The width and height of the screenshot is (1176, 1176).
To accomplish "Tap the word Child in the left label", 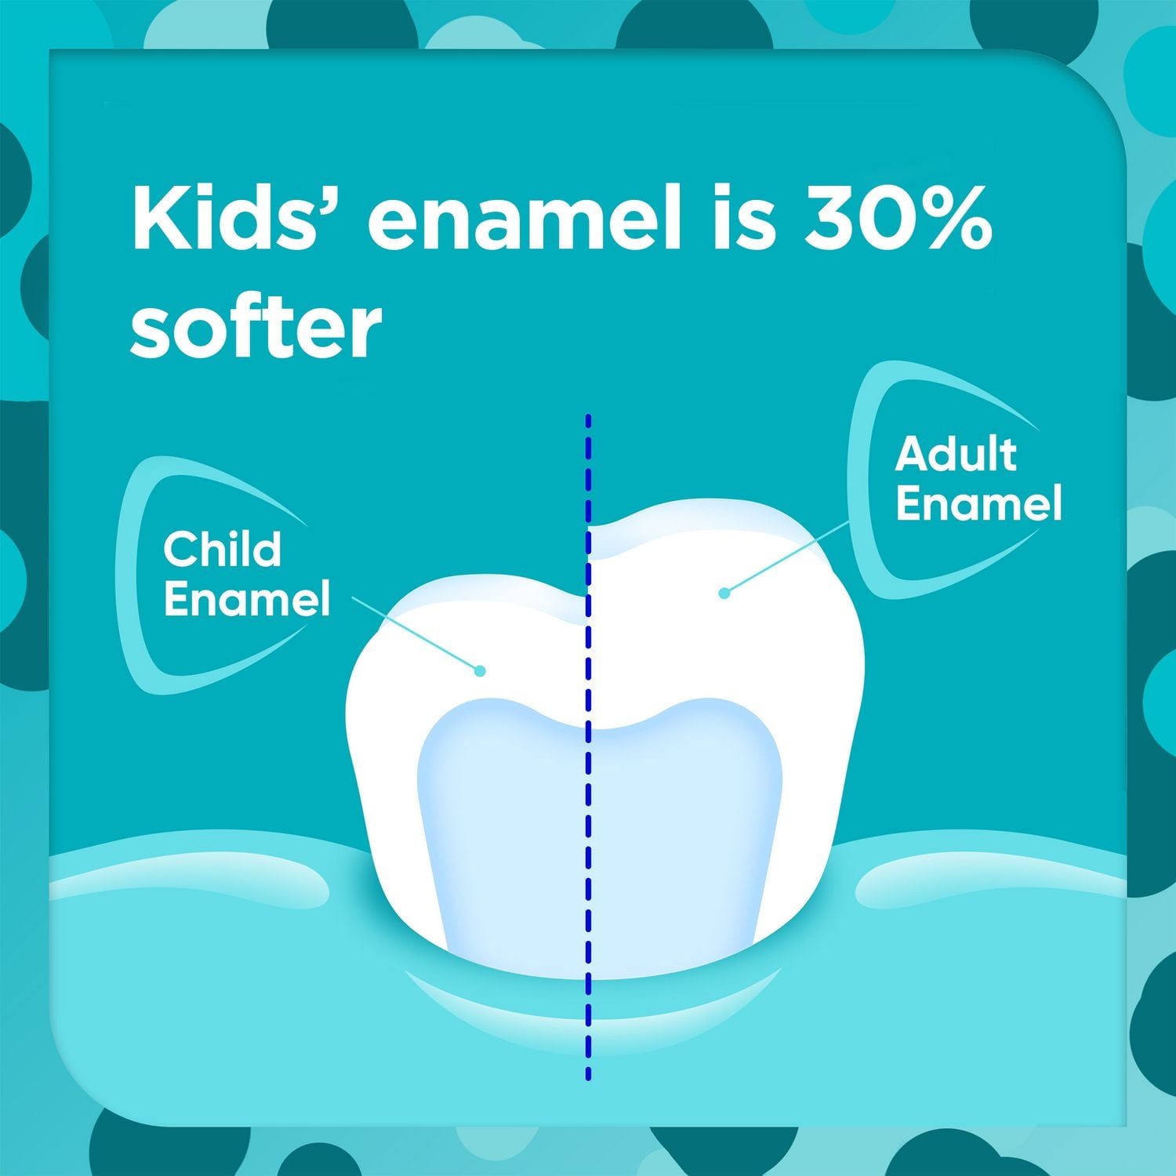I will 222,549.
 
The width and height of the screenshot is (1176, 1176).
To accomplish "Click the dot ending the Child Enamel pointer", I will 480,670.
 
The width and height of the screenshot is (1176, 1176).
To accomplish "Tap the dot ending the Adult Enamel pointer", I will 724,593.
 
